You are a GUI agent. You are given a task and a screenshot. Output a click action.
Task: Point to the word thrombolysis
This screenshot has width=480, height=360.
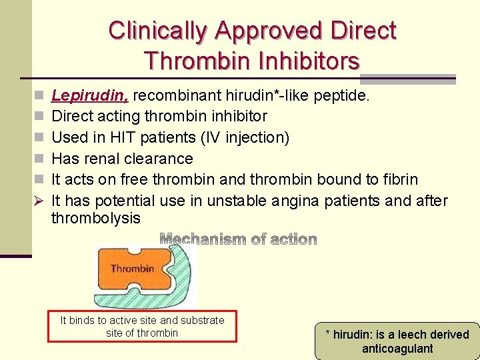point(96,218)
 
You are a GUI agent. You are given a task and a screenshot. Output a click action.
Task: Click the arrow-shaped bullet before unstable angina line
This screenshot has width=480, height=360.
point(38,201)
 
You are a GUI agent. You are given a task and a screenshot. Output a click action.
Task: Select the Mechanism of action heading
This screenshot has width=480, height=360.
point(239,239)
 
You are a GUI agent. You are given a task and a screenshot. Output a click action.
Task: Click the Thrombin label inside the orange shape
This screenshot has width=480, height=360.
point(132,269)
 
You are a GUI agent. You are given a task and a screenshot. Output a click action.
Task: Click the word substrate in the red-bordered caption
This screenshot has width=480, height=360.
point(201,321)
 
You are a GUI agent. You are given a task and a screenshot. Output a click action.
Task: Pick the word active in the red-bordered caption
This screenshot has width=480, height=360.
point(135,321)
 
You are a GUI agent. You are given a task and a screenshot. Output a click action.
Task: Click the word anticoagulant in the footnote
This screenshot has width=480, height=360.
point(397,349)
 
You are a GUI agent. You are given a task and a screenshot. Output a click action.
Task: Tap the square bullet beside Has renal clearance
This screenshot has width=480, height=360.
point(38,159)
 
